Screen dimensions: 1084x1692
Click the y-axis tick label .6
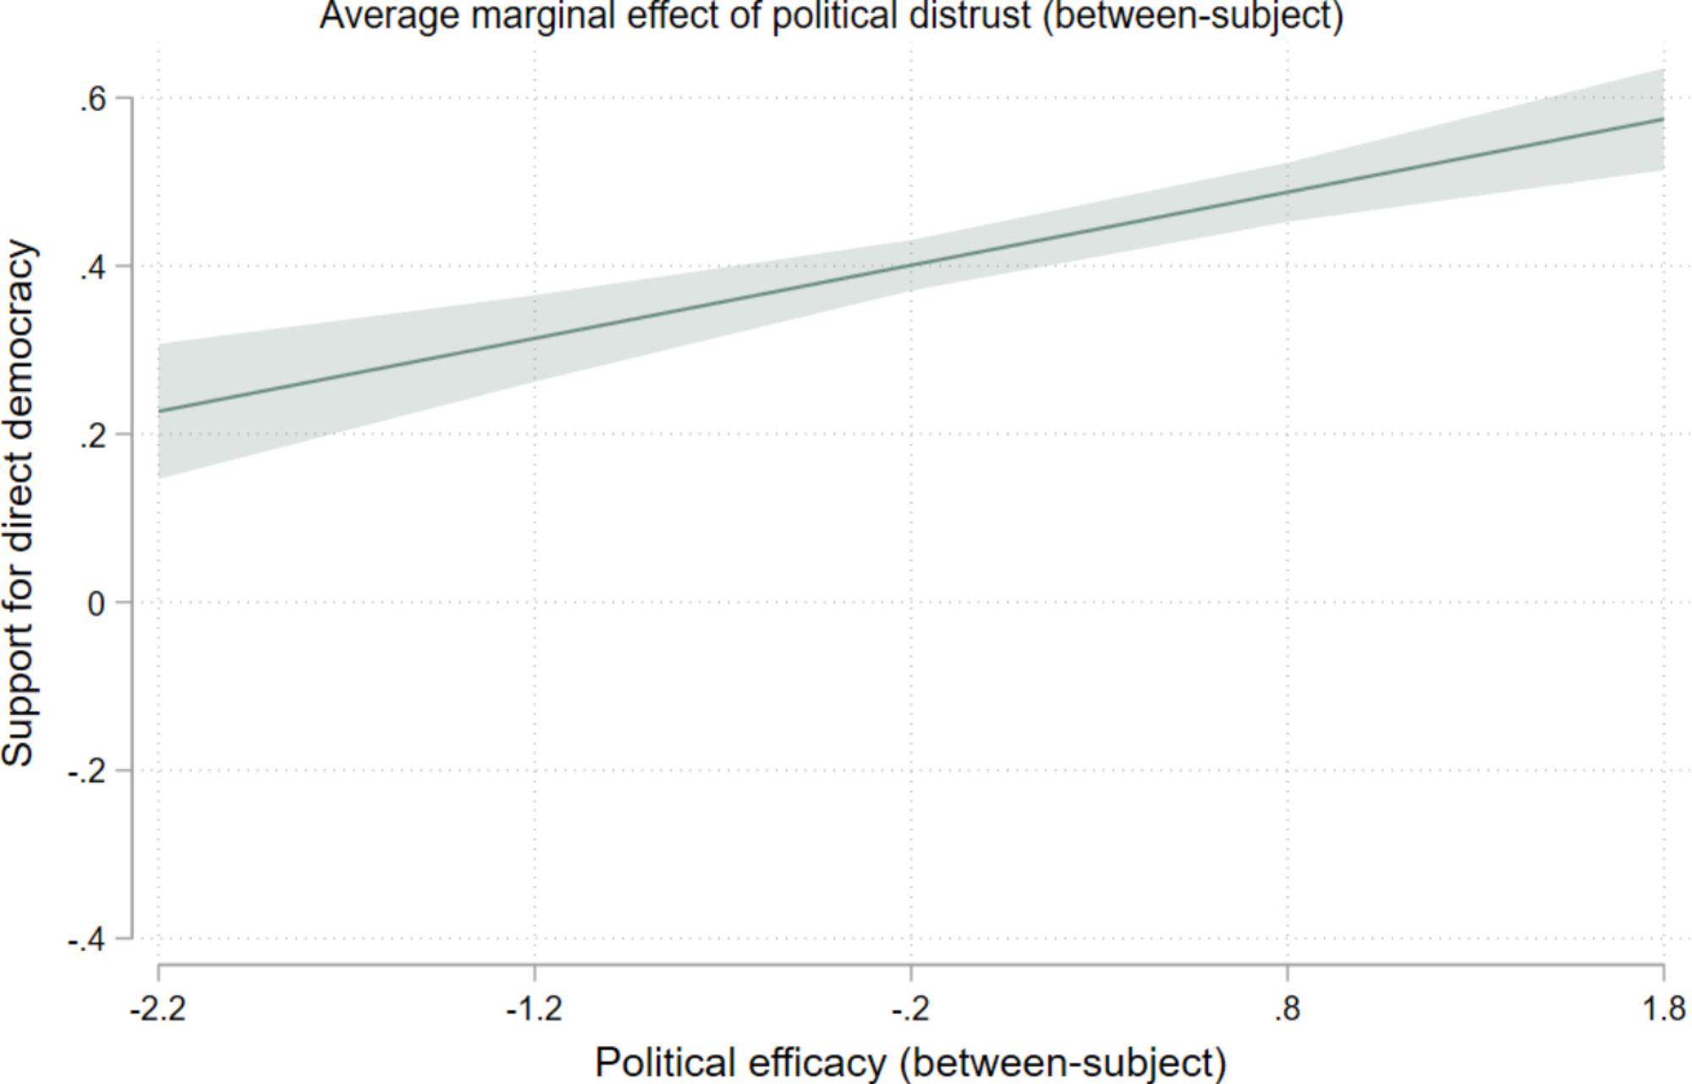coord(94,101)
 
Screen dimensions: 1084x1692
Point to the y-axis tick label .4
coord(94,268)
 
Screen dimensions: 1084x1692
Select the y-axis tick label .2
coord(94,437)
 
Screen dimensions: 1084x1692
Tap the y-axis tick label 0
coord(97,604)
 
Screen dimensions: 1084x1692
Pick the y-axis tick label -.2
coord(88,773)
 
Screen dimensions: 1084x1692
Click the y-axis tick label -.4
coord(88,940)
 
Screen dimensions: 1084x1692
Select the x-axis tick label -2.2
coord(158,1009)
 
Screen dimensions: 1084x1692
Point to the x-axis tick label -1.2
coord(535,1009)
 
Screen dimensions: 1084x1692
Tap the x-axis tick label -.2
coord(910,1009)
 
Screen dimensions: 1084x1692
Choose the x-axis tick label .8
coord(1287,1009)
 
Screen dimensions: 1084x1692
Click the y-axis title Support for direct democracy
coord(19,504)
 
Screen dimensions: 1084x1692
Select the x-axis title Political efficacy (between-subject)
coord(910,1063)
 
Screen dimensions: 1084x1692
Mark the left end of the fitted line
coord(159,411)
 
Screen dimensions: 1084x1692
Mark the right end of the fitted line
coord(1663,119)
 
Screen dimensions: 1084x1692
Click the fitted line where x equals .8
coord(1287,192)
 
